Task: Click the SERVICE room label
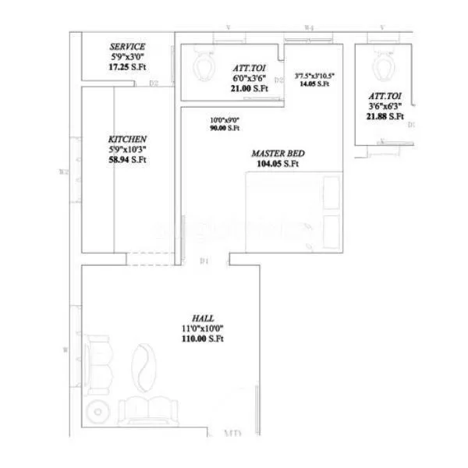point(127,47)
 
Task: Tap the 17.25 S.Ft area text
point(127,69)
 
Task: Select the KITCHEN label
point(128,138)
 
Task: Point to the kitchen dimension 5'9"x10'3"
point(128,149)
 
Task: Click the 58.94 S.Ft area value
point(128,160)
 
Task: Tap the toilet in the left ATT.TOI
point(204,66)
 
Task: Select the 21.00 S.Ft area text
point(249,89)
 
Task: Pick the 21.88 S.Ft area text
point(385,117)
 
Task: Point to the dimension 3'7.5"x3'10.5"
point(314,76)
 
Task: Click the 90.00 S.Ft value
point(224,128)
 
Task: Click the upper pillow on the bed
point(331,193)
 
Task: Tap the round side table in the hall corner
point(97,411)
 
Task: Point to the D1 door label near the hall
point(204,261)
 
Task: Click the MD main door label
point(232,434)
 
